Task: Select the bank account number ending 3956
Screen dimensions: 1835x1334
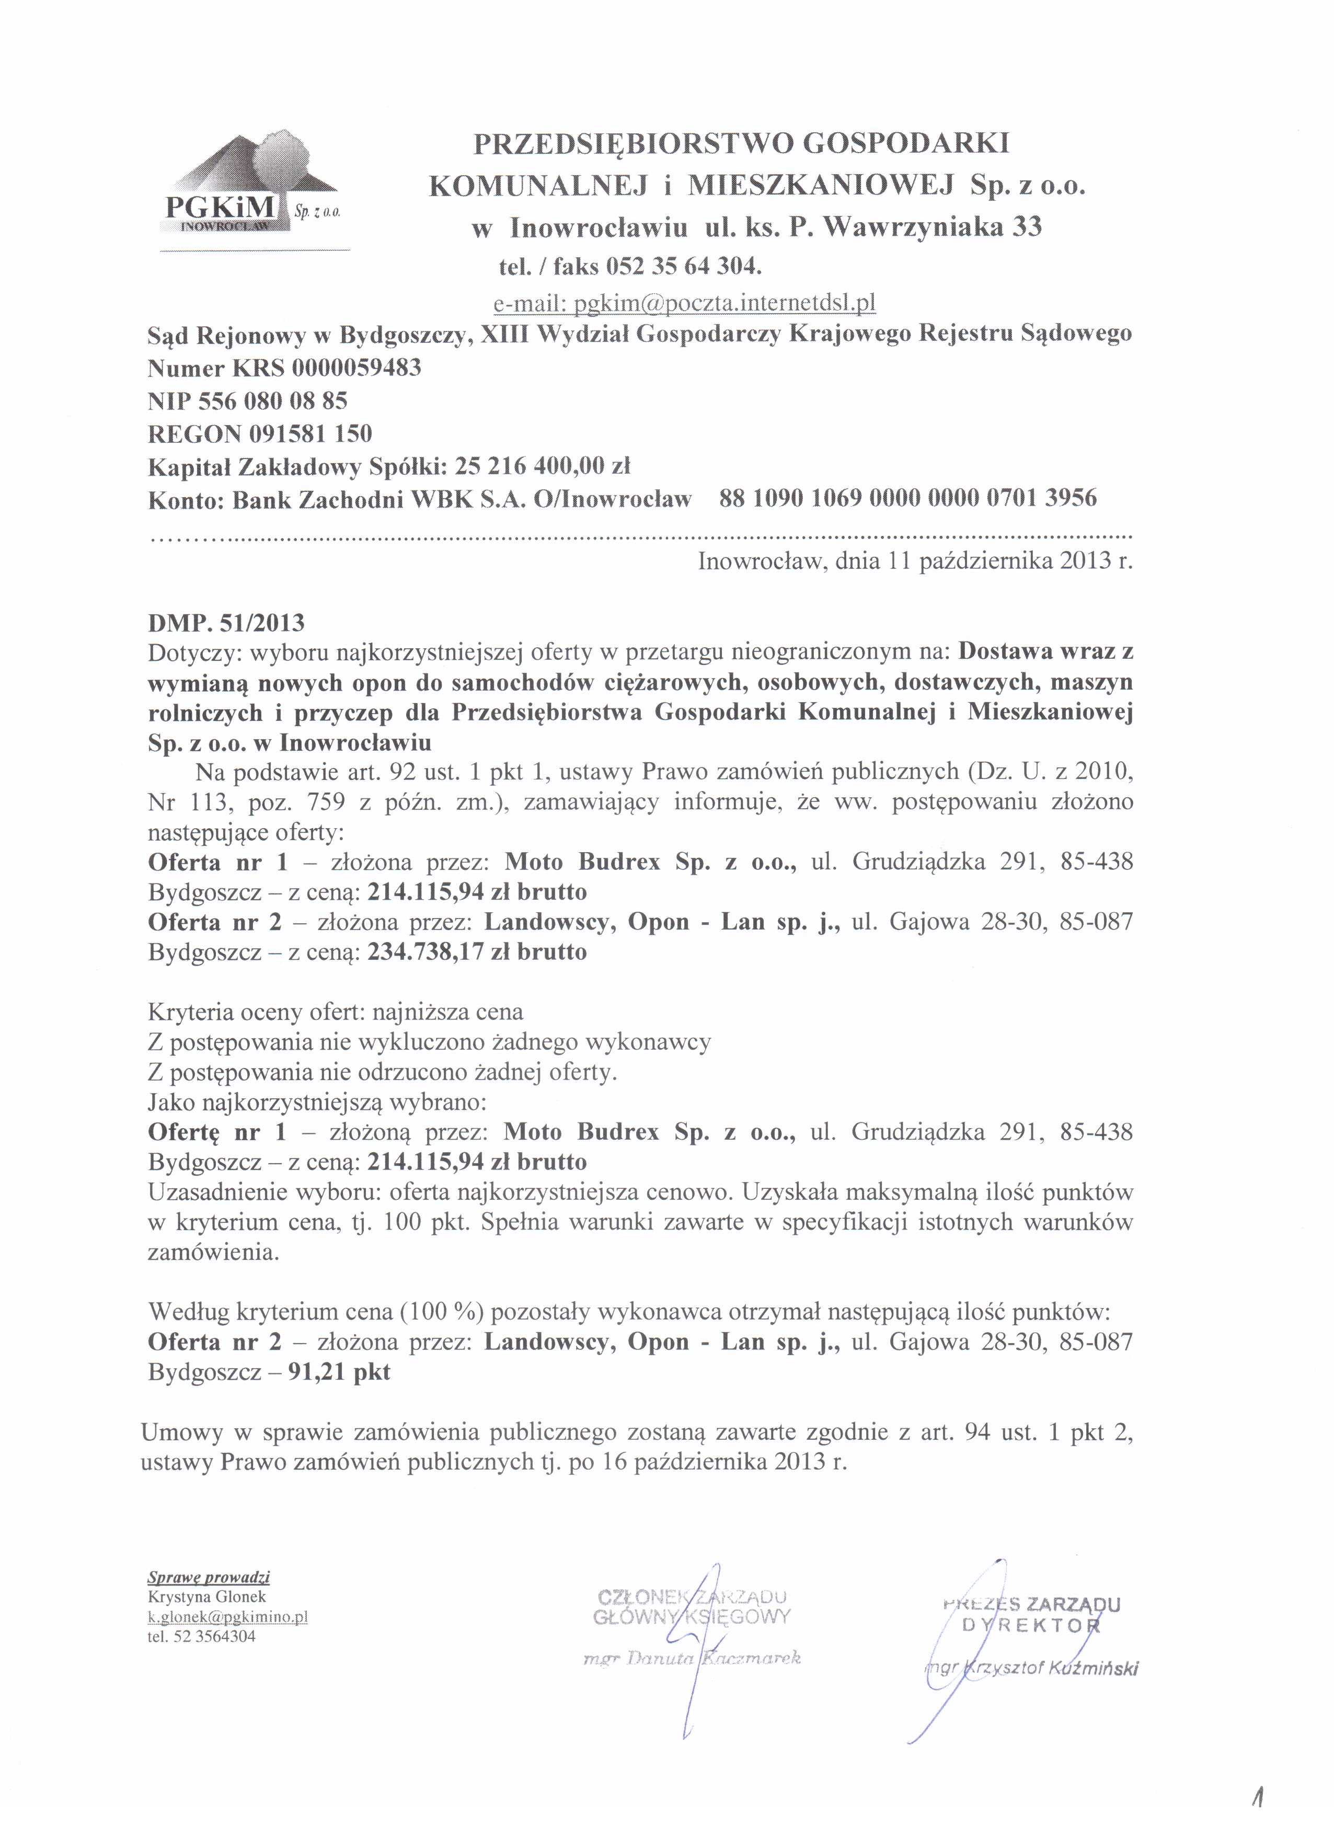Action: click(x=907, y=498)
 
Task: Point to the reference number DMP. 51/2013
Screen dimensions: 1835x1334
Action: click(x=226, y=623)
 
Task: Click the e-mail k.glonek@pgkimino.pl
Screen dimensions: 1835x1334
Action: click(x=227, y=1616)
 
